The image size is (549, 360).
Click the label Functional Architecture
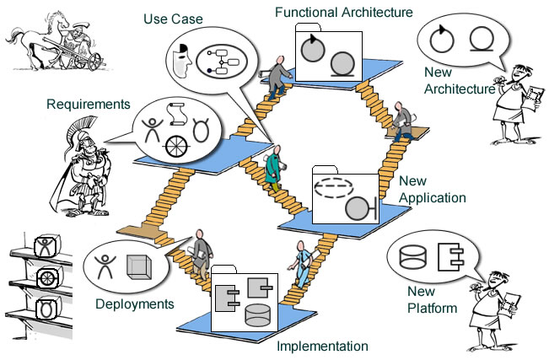click(x=343, y=12)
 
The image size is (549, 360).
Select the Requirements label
click(x=89, y=105)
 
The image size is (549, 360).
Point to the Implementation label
click(x=323, y=346)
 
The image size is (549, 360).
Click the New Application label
click(x=432, y=190)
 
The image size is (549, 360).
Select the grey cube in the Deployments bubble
click(x=137, y=269)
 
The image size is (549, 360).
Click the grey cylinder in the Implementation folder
click(x=258, y=316)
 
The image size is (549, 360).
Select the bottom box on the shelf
click(x=45, y=305)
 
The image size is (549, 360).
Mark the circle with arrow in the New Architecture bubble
click(x=441, y=38)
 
